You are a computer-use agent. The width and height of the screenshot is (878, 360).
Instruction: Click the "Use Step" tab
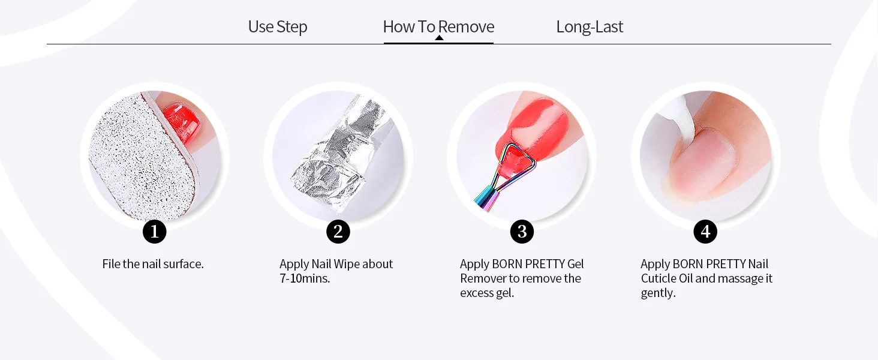(278, 26)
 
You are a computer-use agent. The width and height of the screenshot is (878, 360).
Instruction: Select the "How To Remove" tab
(438, 26)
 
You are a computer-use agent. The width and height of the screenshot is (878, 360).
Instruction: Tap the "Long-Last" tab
(590, 26)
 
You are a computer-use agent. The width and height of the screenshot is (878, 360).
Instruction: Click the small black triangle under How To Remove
(439, 38)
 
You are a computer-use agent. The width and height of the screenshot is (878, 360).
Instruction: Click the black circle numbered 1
(155, 232)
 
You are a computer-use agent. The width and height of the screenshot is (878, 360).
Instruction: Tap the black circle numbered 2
(338, 232)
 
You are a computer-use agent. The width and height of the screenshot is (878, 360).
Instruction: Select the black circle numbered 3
(522, 232)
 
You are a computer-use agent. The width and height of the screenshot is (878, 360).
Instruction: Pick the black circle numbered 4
(705, 232)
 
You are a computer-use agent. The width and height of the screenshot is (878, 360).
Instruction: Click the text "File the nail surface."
(153, 264)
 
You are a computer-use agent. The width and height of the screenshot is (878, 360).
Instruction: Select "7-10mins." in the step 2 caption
(305, 278)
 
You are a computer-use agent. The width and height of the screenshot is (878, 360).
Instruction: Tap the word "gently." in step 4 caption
(658, 293)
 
